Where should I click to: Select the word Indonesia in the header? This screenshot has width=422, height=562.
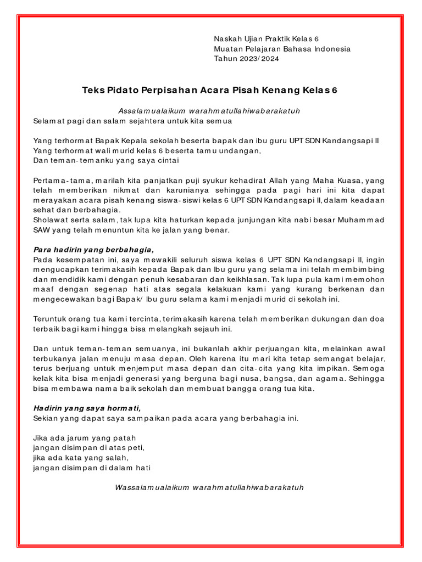pyautogui.click(x=331, y=49)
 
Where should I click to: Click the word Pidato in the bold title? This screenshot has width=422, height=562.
pyautogui.click(x=121, y=89)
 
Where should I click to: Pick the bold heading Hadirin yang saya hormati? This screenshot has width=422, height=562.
pyautogui.click(x=87, y=408)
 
